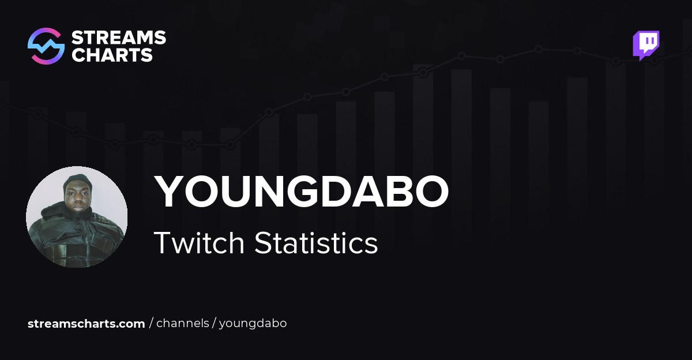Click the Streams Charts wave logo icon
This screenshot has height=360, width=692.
click(46, 46)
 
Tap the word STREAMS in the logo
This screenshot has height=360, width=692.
click(118, 38)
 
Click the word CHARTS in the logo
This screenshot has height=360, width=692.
click(112, 55)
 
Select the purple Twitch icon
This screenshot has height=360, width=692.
click(646, 45)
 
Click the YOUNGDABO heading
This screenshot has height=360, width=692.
click(301, 192)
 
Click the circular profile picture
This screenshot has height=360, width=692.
click(77, 217)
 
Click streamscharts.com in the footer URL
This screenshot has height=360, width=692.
click(86, 324)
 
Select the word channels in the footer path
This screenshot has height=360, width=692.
click(183, 324)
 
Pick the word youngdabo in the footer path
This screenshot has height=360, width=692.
click(253, 324)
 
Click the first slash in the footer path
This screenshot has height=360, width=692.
click(151, 324)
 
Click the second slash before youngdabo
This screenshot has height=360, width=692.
click(214, 324)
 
